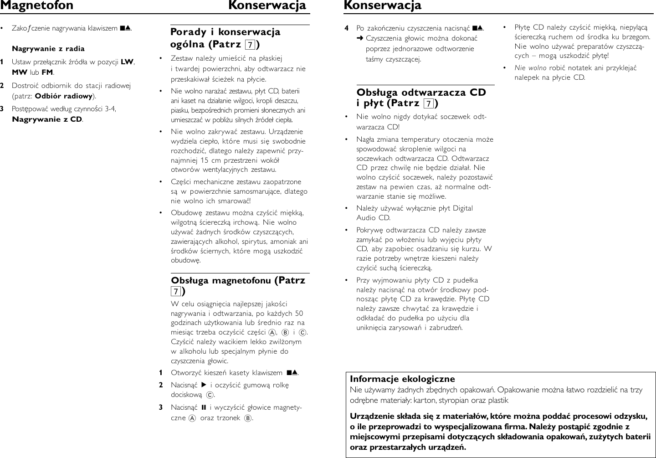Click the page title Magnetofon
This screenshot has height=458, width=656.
[x=36, y=6]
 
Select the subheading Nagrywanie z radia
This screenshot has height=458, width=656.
[x=48, y=49]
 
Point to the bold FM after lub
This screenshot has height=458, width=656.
[x=47, y=72]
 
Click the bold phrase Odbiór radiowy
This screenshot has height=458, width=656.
[x=64, y=96]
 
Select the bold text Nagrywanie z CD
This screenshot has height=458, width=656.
[x=47, y=119]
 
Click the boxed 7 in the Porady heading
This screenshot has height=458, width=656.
[x=250, y=45]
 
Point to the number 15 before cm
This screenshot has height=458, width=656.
[x=205, y=160]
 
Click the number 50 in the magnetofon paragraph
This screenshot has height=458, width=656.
[x=299, y=314]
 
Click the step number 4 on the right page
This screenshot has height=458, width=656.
[x=347, y=29]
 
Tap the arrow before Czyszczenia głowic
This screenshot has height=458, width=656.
[x=360, y=39]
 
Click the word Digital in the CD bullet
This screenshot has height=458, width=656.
[x=462, y=208]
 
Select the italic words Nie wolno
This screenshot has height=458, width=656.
[x=530, y=68]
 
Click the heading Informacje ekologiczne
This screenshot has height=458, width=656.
[x=402, y=379]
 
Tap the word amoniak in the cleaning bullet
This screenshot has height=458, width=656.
[x=287, y=242]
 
